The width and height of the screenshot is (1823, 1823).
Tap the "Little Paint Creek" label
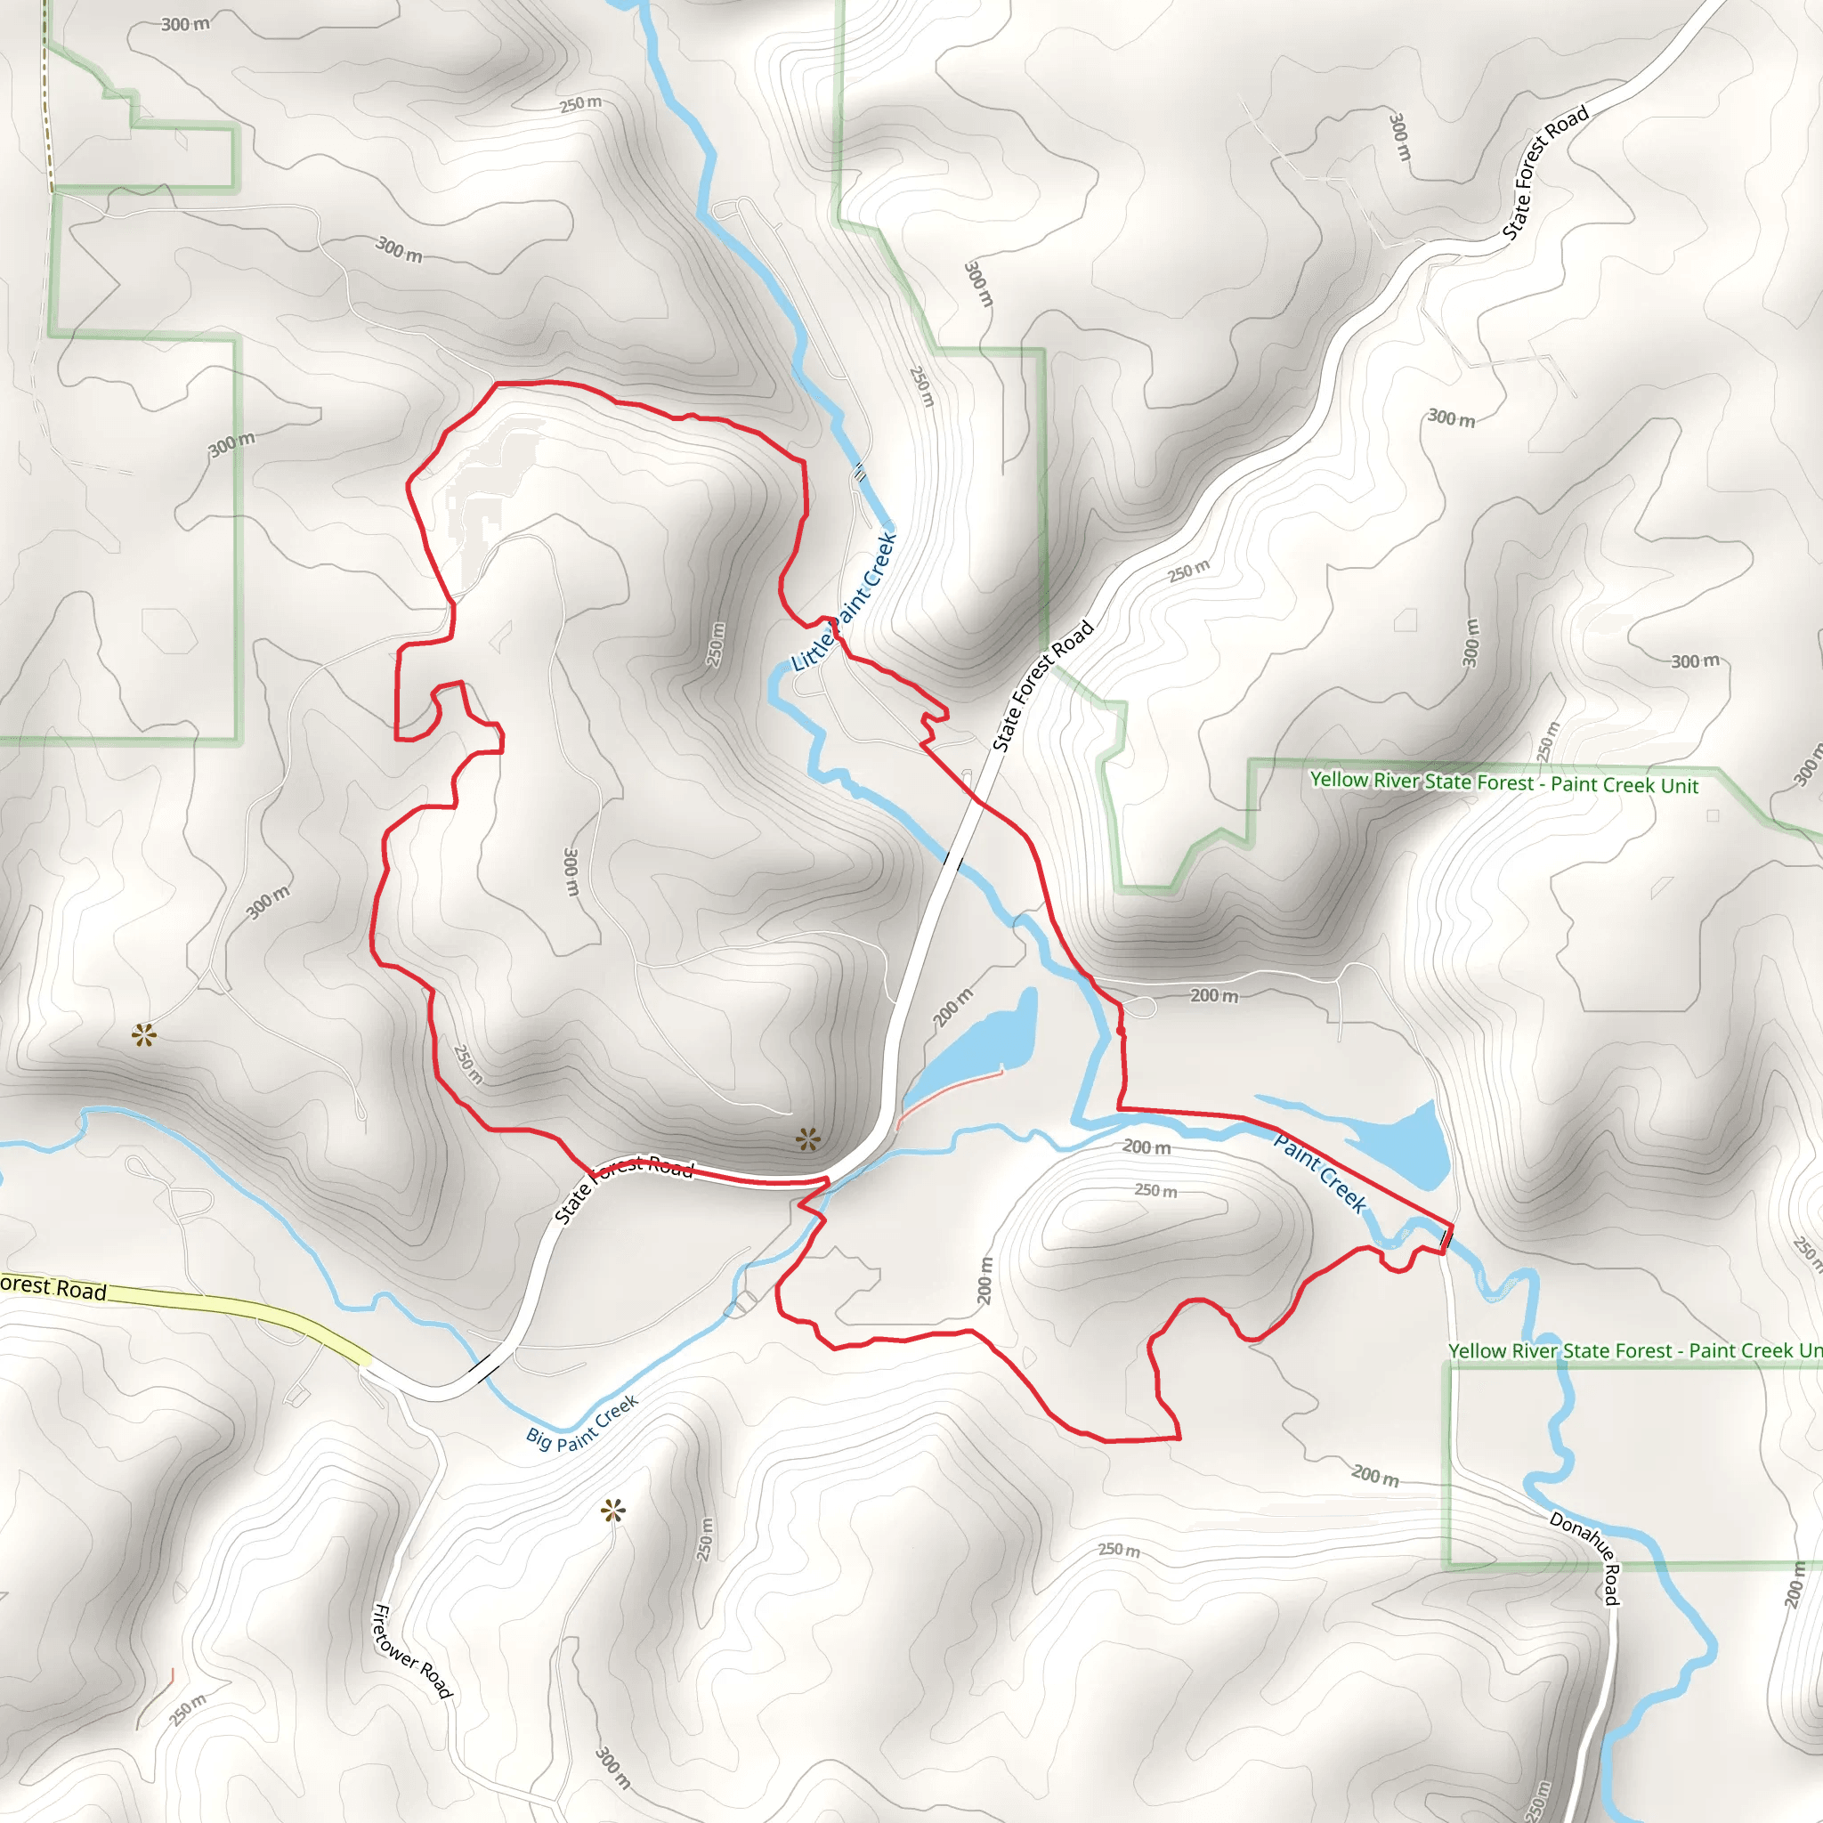(844, 603)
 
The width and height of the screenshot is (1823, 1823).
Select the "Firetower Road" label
(412, 1650)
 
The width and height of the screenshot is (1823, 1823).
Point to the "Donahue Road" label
(1586, 1558)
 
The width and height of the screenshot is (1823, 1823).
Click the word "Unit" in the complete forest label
(1679, 786)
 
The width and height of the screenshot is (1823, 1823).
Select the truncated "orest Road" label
(53, 1288)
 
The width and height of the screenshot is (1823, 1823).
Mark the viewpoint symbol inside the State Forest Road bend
(807, 1140)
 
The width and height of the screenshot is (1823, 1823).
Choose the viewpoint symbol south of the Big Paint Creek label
(613, 1511)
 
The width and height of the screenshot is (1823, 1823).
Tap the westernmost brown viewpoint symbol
(143, 1036)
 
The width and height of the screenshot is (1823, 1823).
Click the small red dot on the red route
(1120, 1033)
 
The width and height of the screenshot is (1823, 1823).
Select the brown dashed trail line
(47, 104)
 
